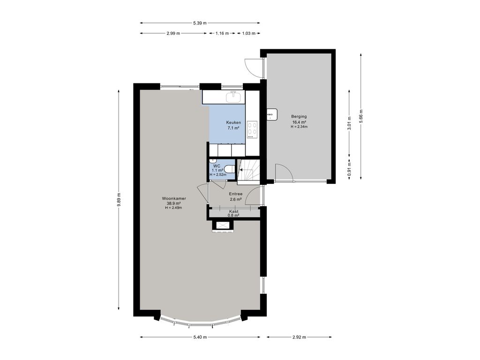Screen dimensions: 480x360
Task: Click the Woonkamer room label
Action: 174,198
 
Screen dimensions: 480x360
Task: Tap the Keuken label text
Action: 233,122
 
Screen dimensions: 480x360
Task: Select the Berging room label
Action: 299,116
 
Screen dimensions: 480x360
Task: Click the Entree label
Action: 236,194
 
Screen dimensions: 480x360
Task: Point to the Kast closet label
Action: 233,211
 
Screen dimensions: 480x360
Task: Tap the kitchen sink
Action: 233,97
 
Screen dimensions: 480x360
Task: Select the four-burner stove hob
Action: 252,128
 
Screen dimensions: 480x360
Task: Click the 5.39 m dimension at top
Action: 200,23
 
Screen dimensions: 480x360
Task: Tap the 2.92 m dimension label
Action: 299,337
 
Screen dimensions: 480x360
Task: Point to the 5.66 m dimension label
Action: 361,116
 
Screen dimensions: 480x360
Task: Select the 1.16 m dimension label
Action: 222,33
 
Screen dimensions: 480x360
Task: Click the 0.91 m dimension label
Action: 349,168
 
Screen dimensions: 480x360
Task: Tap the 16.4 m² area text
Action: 299,122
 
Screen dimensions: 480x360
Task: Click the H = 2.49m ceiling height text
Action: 173,208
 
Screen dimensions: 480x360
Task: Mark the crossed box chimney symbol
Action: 222,225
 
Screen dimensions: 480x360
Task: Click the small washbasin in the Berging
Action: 272,114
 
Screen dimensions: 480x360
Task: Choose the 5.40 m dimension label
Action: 200,337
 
